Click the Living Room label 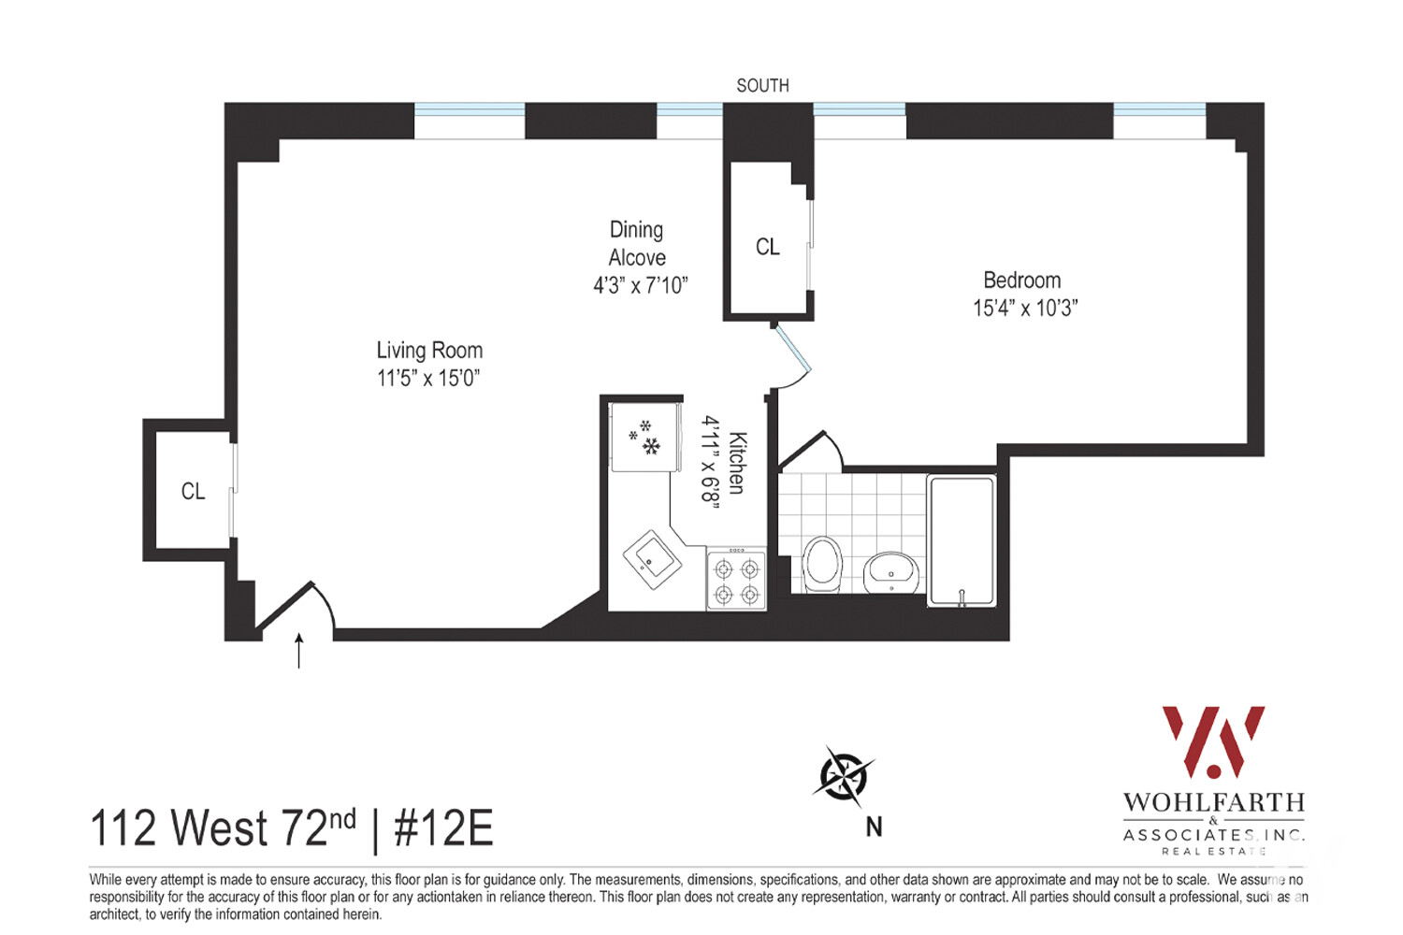pos(429,351)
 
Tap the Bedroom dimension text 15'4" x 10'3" pos(1025,309)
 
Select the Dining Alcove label pos(637,243)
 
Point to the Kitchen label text pos(737,463)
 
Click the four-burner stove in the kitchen pos(736,581)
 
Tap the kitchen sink pos(652,560)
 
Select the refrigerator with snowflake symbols pos(644,438)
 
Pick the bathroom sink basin pos(890,571)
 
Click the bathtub pos(962,540)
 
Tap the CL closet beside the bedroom pos(768,247)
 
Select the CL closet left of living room pos(193,492)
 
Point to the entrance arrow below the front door pos(299,650)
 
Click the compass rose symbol pos(845,776)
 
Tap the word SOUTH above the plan pos(762,86)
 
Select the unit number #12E pos(443,828)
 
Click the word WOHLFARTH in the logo pos(1213,803)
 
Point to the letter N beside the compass pos(875,827)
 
